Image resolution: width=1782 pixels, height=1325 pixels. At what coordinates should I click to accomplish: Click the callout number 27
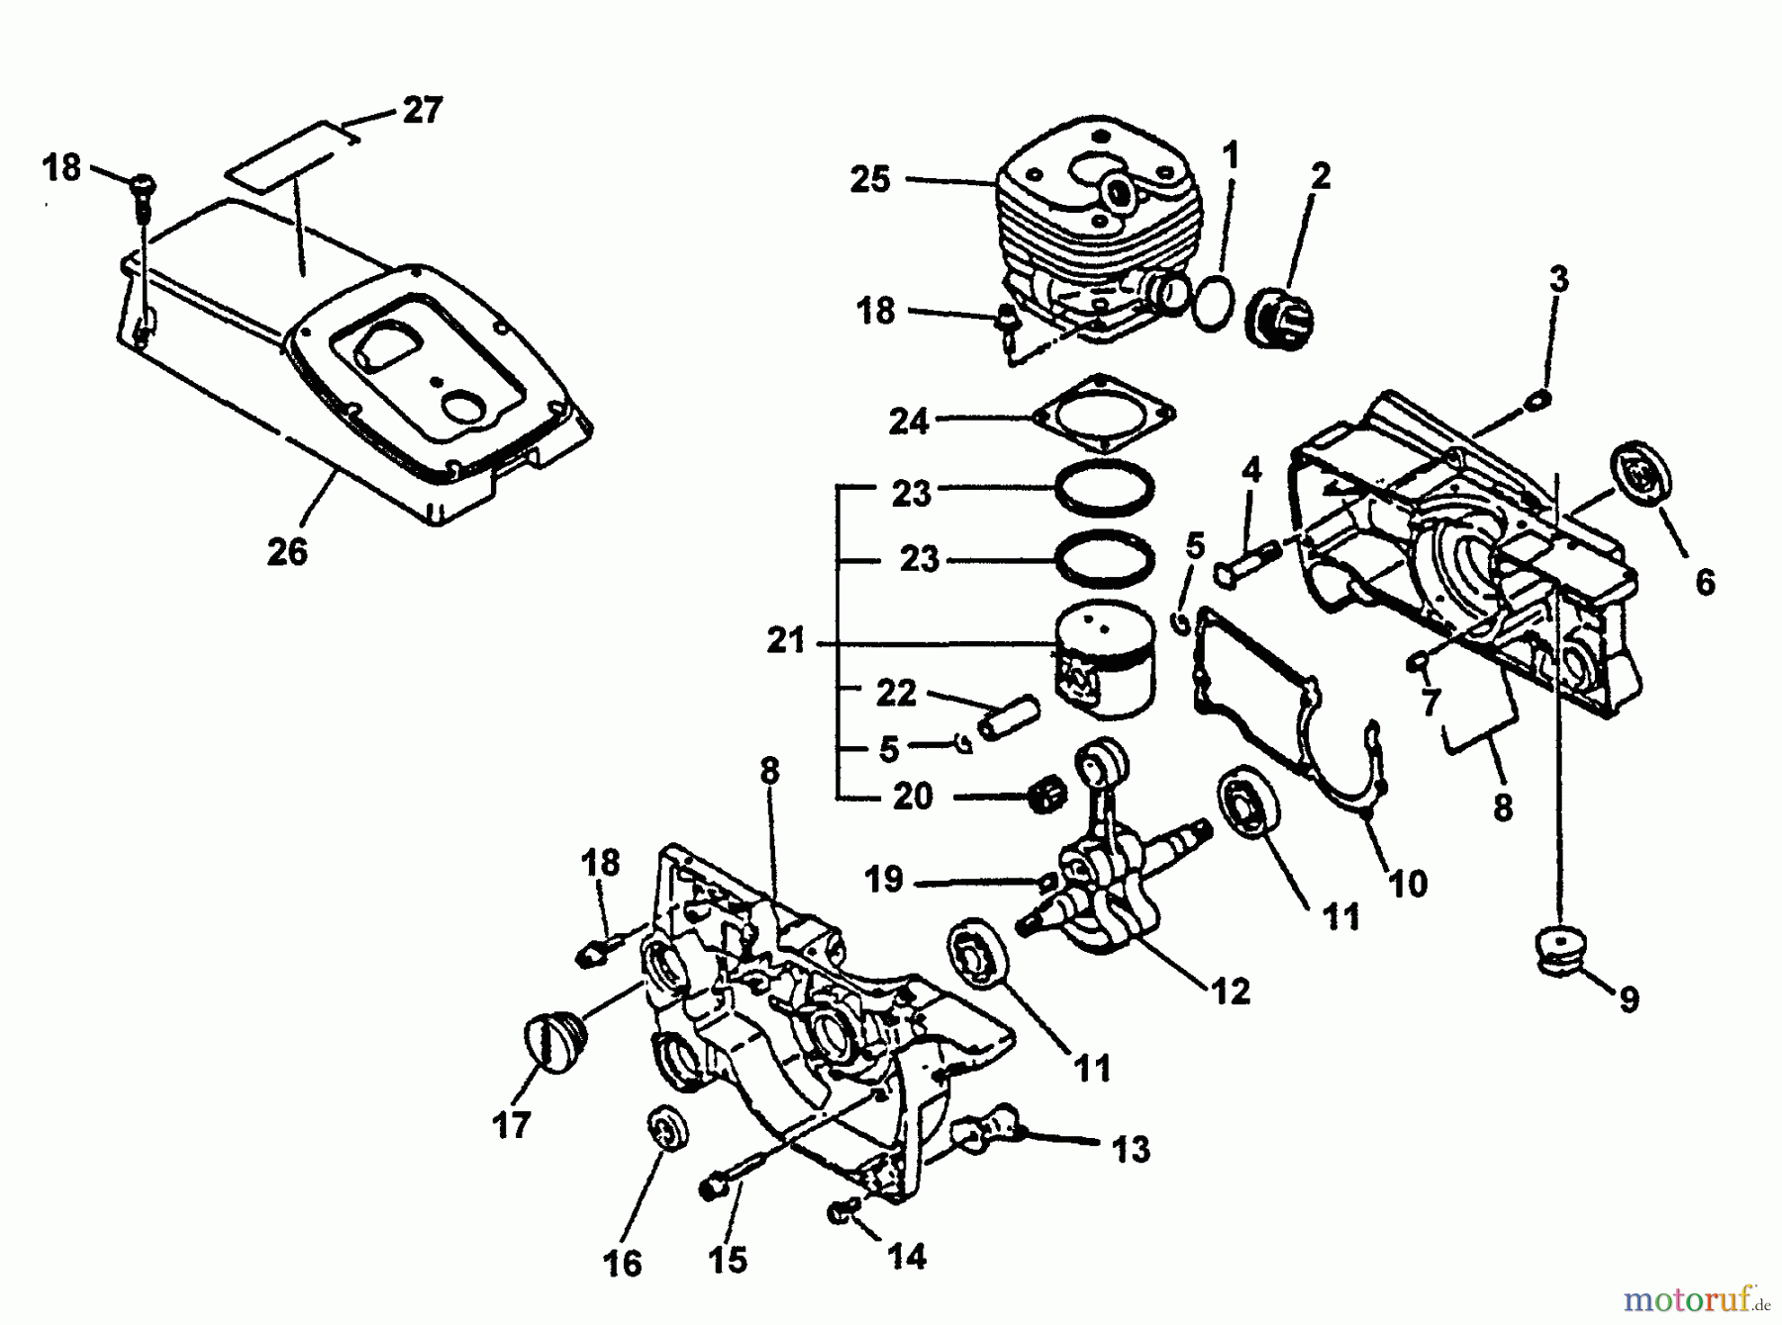pyautogui.click(x=422, y=110)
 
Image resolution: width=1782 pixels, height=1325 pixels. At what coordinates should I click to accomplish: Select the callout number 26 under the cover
pyautogui.click(x=287, y=551)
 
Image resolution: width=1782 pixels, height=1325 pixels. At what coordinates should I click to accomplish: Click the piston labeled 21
pyautogui.click(x=1104, y=653)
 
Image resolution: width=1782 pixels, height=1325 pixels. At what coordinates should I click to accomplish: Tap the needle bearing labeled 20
pyautogui.click(x=1047, y=796)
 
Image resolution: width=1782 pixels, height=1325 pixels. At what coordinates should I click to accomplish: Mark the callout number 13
pyautogui.click(x=1131, y=1149)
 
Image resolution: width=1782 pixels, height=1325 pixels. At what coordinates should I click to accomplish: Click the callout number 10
pyautogui.click(x=1408, y=883)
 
